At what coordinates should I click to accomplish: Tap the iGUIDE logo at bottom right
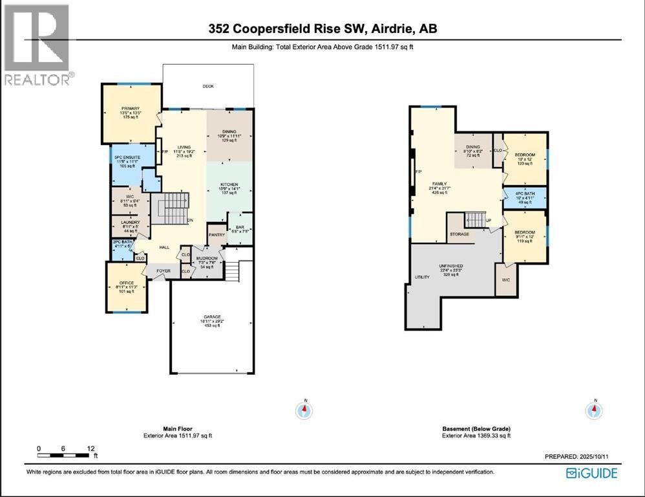[591, 473]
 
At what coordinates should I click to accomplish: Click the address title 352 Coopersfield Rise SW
[322, 28]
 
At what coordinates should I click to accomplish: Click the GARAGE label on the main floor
[208, 317]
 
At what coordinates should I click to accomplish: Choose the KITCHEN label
[229, 185]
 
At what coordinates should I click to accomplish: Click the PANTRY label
[216, 235]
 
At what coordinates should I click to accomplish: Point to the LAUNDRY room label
[131, 222]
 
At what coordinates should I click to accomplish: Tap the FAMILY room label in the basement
[439, 184]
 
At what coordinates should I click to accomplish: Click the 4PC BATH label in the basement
[524, 194]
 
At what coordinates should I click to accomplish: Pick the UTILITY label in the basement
[422, 277]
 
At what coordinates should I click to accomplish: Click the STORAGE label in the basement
[460, 234]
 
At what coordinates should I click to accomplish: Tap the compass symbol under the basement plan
[594, 410]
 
